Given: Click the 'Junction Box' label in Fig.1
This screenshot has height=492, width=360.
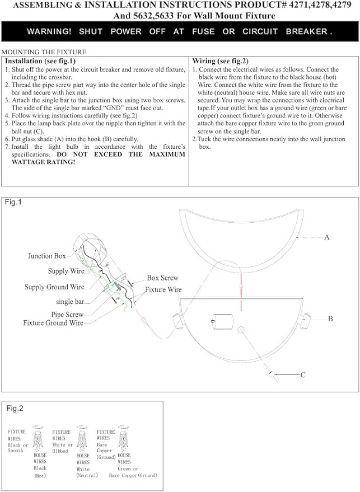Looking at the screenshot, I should pos(47,256).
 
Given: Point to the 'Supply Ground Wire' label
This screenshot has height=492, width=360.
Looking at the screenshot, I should pos(54,287).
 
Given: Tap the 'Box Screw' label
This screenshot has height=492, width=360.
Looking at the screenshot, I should pos(162,278).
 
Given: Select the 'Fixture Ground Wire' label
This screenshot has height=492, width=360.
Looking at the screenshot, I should pos(53,323).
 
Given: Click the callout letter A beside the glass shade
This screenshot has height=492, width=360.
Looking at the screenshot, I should pos(327,237).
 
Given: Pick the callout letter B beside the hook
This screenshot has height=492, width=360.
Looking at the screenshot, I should pos(330,318).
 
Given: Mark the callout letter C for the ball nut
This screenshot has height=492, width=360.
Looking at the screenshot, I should pos(303,375).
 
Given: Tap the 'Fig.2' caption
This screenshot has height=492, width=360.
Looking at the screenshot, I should pos(15,409).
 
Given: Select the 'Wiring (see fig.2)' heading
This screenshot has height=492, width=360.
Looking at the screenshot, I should pos(220,60).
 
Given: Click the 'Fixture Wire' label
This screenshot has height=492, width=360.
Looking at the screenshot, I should pos(163,290).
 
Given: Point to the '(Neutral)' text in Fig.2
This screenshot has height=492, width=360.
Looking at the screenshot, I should pos(87,475).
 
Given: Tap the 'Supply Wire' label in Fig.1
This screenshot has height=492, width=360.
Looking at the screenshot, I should pos(66,271).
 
